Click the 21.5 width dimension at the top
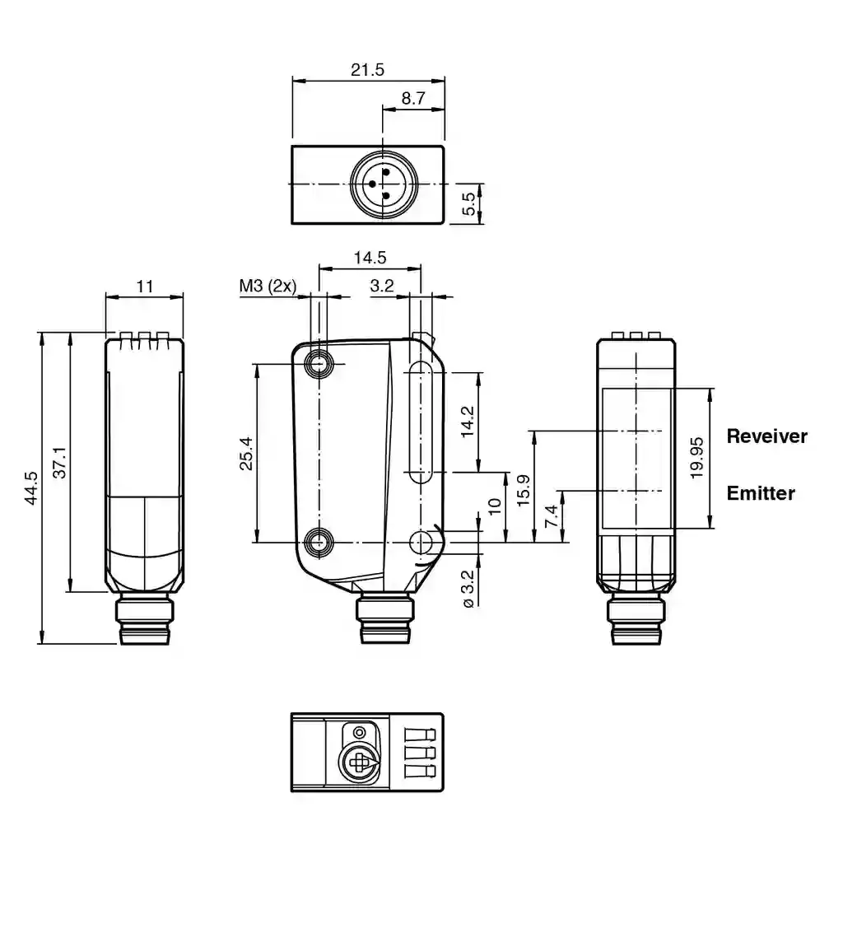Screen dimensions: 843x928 (x=367, y=70)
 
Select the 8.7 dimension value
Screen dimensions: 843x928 (x=413, y=98)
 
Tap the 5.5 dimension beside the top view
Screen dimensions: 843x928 (x=468, y=204)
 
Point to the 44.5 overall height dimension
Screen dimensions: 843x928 (x=30, y=487)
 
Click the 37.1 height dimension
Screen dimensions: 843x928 (x=60, y=462)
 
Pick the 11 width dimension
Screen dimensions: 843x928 (x=145, y=287)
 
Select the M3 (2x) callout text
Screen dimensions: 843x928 (x=268, y=286)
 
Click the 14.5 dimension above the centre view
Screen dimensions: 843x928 (x=370, y=258)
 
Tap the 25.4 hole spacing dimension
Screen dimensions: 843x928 (x=246, y=454)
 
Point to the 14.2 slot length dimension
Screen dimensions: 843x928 (x=468, y=422)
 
